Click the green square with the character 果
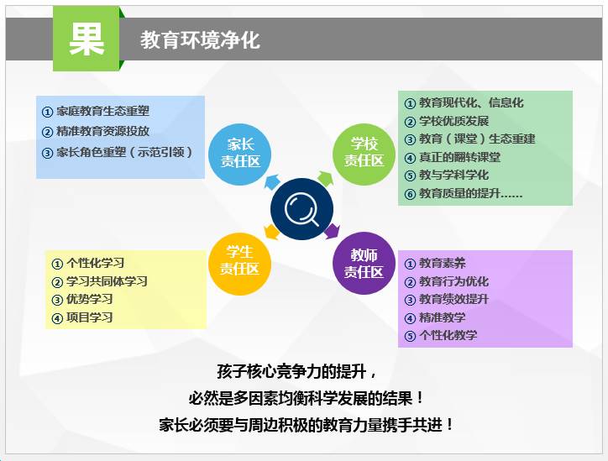pos(86,39)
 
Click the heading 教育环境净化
pos(200,40)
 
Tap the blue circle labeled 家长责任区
pos(240,154)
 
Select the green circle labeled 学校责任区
pos(364,154)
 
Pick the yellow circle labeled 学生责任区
pos(239,264)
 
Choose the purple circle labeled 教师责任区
pos(364,264)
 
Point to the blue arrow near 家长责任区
pos(272,181)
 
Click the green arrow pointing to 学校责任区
pos(326,178)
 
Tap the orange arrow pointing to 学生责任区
pos(272,232)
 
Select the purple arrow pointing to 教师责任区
pos(332,231)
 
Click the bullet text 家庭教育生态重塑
pos(102,112)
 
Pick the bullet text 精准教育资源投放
pos(102,131)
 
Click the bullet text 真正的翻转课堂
pos(459,157)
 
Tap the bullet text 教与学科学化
pos(453,175)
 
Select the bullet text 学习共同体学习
pos(107,281)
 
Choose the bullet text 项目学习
pos(89,317)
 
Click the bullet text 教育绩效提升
pos(453,299)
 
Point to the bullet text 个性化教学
pos(448,335)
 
